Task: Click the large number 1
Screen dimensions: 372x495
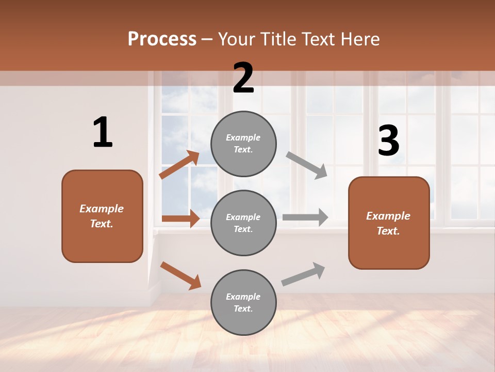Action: (103, 133)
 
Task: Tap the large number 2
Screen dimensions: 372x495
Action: (243, 78)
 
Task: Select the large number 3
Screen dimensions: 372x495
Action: (388, 141)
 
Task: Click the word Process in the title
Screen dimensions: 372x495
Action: (162, 39)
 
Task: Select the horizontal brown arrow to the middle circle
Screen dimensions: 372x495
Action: (180, 219)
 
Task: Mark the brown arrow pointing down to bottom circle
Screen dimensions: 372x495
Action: (180, 275)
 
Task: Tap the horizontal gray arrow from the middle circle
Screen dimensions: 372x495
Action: (305, 217)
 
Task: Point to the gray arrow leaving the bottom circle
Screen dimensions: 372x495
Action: (303, 274)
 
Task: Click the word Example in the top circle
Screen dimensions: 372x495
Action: (243, 138)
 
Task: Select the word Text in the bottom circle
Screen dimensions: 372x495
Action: (242, 308)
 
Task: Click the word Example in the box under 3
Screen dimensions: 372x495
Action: (388, 216)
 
